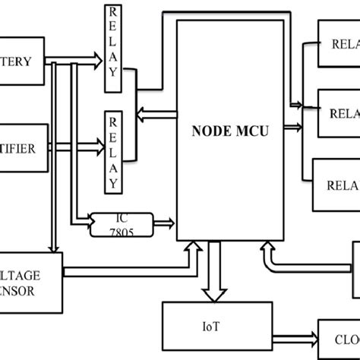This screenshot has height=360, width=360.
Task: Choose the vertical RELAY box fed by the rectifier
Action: pyautogui.click(x=113, y=137)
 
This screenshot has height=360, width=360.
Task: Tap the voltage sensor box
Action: pyautogui.click(x=30, y=280)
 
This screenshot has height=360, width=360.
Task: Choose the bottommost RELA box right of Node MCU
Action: pyautogui.click(x=336, y=183)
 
